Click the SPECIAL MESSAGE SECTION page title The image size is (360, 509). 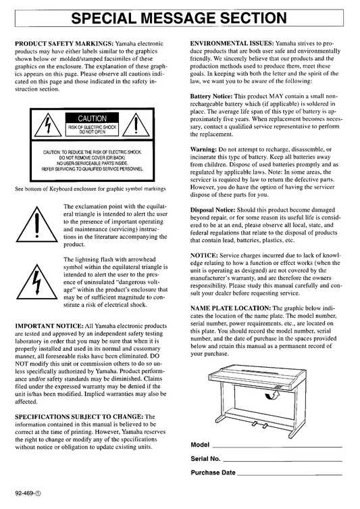coord(179,18)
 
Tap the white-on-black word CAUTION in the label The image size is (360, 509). coord(92,118)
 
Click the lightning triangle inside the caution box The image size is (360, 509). coord(48,125)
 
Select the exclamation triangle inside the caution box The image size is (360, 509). coord(136,125)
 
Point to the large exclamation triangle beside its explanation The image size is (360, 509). coord(37,224)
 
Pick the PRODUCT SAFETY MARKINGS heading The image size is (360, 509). coord(64,43)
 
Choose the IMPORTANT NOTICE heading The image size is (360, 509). coord(49,326)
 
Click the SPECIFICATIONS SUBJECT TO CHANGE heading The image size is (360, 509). coord(79,416)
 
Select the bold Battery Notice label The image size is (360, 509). coord(211,97)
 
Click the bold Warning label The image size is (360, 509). coord(203,149)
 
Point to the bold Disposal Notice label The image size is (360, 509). coord(213,210)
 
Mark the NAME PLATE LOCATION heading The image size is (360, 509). coord(230,308)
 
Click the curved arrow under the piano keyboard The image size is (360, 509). coord(272,395)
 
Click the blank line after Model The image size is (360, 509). coord(277,447)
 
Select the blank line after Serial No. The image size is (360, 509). coord(282,461)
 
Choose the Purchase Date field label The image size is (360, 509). coord(213,472)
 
